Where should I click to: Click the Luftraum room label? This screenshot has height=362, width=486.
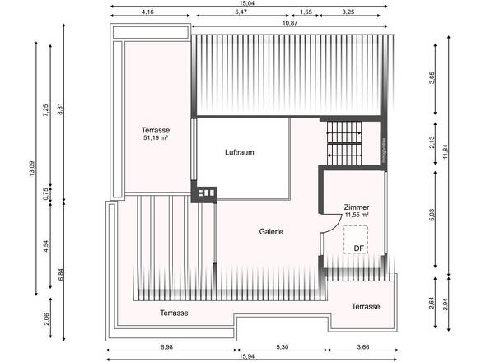[241, 153]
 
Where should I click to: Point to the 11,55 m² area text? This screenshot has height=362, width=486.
[357, 215]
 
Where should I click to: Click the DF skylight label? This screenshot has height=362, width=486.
[359, 248]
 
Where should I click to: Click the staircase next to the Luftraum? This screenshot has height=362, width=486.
[344, 143]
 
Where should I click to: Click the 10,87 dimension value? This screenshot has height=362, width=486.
[290, 24]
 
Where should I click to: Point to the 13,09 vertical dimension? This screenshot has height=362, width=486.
[32, 168]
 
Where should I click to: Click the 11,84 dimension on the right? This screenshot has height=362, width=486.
[446, 154]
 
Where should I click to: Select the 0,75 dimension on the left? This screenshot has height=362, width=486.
[46, 193]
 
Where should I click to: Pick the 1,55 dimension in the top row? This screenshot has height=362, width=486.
[306, 13]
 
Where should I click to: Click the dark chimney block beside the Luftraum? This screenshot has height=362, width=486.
[203, 193]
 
